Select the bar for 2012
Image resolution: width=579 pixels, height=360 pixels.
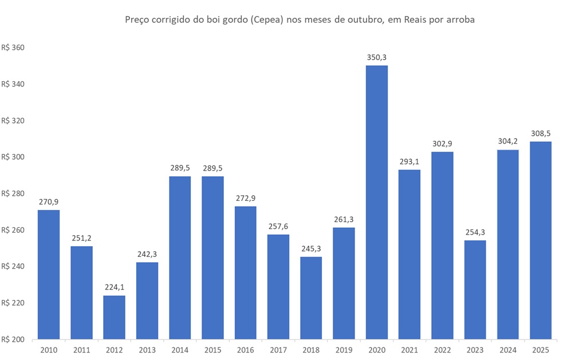[114, 317]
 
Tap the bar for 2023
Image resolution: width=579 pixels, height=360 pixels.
[475, 290]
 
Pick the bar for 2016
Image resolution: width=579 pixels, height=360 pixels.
[245, 272]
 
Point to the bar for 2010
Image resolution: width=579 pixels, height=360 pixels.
[49, 274]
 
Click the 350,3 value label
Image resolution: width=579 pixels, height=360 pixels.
[377, 57]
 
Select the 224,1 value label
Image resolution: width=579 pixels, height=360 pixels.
[114, 287]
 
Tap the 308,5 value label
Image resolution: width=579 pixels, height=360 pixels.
[541, 133]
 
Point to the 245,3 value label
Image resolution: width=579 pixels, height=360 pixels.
[311, 248]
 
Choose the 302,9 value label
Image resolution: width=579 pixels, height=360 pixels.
[442, 144]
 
